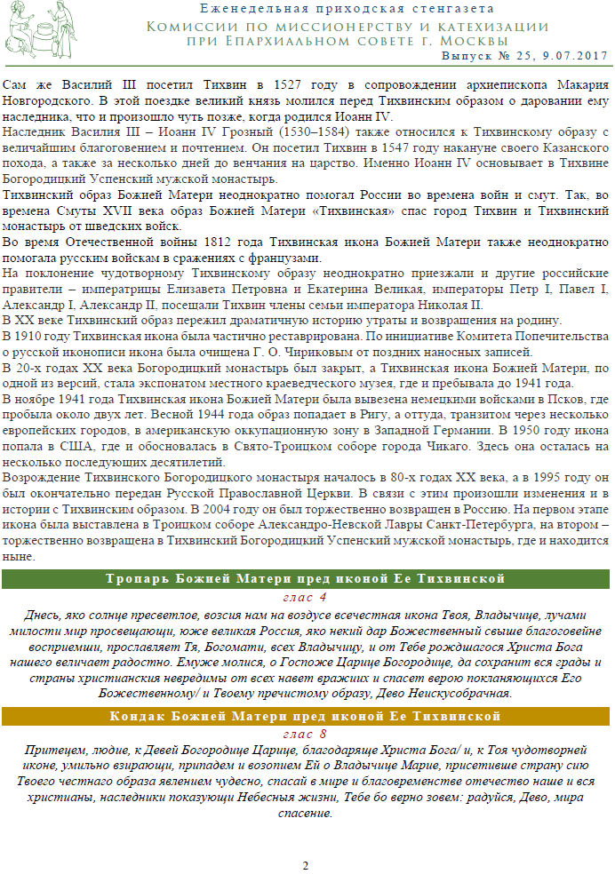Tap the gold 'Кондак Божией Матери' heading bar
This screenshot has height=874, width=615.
pyautogui.click(x=307, y=716)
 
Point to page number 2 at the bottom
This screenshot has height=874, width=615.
pyautogui.click(x=305, y=865)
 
